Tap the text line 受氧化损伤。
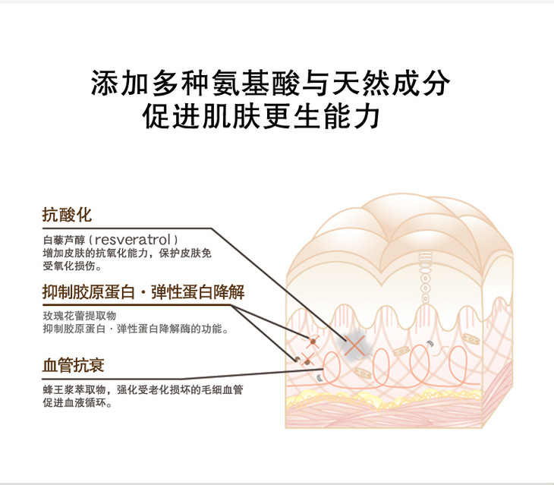click(72, 266)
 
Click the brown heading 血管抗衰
click(72, 366)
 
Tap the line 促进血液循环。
click(77, 404)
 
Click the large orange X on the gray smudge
click(354, 345)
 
